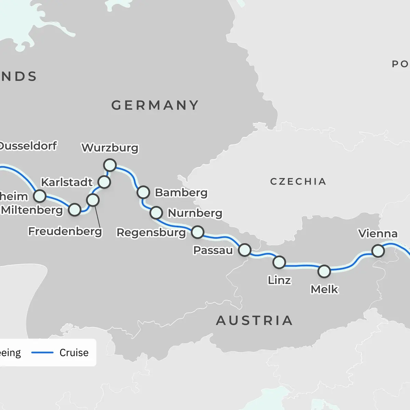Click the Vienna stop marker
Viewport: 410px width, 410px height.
point(378,251)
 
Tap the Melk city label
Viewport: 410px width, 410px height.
point(324,289)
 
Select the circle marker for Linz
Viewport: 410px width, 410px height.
point(279,262)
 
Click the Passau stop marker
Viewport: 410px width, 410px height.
point(245,250)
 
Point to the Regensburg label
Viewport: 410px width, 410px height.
point(151,233)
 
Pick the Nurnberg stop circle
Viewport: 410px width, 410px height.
point(156,213)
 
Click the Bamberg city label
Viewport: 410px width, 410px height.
point(181,193)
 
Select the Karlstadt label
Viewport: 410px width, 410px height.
point(67,182)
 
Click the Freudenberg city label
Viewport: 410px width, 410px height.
point(65,232)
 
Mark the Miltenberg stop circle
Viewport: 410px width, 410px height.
point(74,210)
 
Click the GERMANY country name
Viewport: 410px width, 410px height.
point(155,105)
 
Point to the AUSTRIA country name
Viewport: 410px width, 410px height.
point(255,321)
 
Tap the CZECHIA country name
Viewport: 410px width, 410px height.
point(298,181)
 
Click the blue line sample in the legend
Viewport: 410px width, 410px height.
point(42,353)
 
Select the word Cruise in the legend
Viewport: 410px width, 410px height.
point(74,353)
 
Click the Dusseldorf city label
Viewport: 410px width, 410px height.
point(28,146)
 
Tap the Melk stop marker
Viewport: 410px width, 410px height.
point(324,271)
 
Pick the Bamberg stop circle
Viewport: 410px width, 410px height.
point(143,192)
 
